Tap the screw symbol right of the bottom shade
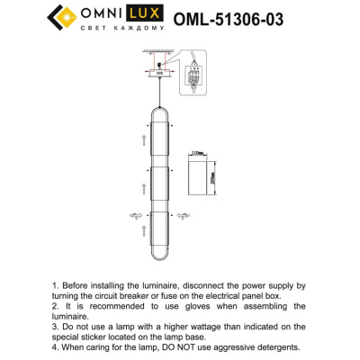(x=184, y=215)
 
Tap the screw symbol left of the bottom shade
(x=136, y=215)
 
